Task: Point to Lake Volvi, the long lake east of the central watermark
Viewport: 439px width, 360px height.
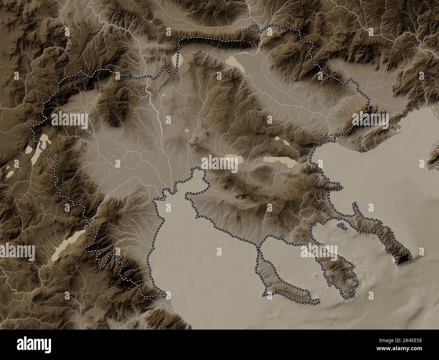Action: (280, 161)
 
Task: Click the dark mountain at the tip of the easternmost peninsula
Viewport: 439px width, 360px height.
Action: (405, 259)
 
